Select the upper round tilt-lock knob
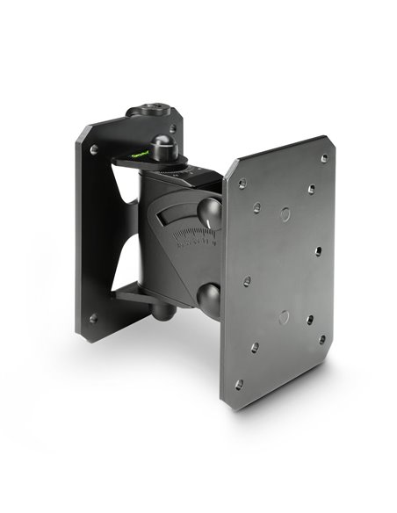pyautogui.click(x=208, y=213)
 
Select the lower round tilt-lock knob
pyautogui.click(x=210, y=297)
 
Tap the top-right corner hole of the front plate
pyautogui.click(x=324, y=159)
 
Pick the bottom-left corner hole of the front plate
pyautogui.click(x=238, y=384)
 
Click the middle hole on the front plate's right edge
pyautogui.click(x=318, y=250)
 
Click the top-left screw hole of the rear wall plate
pyautogui.click(x=94, y=150)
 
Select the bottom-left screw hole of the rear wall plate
pyautogui.click(x=94, y=319)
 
